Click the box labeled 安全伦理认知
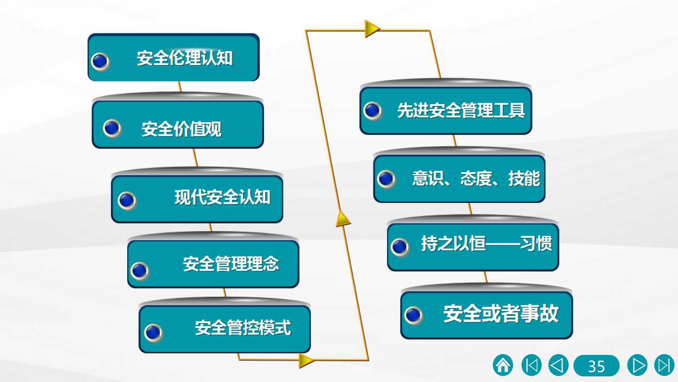[173, 58]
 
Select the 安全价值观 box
[178, 125]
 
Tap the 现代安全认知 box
[197, 199]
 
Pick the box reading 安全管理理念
[213, 264]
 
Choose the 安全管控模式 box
[225, 329]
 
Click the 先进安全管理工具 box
[445, 111]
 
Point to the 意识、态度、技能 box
[459, 179]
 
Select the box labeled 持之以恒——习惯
[473, 247]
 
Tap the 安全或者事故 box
[486, 316]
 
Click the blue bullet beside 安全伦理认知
[100, 61]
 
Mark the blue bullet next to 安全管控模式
[153, 333]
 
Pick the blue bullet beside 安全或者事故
[413, 316]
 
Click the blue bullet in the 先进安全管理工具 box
[372, 111]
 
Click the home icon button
[503, 365]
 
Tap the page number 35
[596, 365]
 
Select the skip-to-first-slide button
[532, 365]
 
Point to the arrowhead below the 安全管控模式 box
[307, 360]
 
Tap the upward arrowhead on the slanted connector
[343, 219]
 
